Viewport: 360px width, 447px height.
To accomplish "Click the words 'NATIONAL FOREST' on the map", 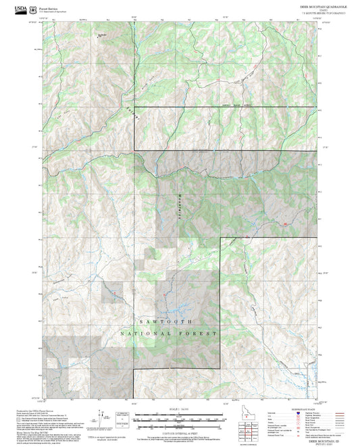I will click(169, 334).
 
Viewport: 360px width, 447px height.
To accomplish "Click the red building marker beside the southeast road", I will click(286, 223).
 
